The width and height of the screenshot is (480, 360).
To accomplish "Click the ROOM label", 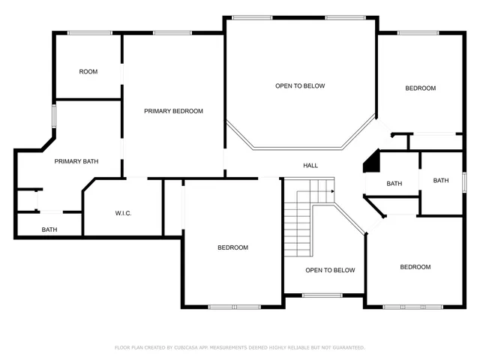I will [88, 72].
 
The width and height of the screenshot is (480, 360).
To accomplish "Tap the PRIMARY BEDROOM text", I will [173, 111].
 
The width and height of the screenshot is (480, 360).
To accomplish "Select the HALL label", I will [310, 166].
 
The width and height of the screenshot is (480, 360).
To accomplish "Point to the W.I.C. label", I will [124, 214].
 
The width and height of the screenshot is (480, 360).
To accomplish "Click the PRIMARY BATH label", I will [76, 161].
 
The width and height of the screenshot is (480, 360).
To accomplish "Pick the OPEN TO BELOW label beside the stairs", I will [330, 270].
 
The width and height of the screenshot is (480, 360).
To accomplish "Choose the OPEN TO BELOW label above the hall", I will [300, 86].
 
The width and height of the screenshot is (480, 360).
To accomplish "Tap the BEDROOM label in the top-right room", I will [420, 88].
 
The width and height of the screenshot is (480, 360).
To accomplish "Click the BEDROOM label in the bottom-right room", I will [415, 267].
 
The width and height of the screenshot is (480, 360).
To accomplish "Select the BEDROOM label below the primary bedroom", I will [232, 247].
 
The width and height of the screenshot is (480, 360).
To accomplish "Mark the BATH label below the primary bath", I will [49, 230].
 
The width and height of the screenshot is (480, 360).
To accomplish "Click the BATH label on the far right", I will [441, 180].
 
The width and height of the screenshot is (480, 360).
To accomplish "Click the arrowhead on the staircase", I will [331, 191].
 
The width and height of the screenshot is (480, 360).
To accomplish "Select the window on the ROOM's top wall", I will [90, 32].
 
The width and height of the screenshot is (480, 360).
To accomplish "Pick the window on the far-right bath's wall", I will [465, 181].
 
